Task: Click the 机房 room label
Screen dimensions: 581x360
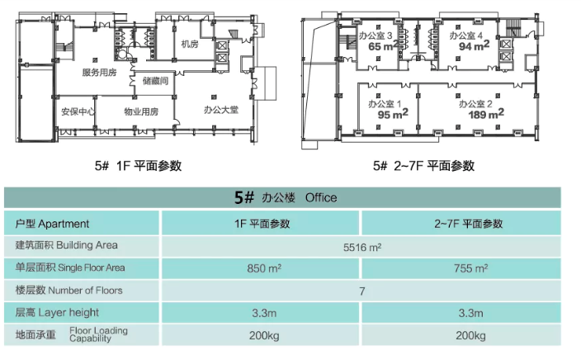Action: coord(190,44)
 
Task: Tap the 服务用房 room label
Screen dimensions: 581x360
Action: coord(99,73)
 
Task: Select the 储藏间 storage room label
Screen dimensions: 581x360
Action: coord(156,81)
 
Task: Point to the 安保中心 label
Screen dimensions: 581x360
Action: coord(78,111)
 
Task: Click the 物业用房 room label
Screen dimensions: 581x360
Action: coord(141,111)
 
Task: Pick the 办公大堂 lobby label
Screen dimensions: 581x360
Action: coord(221,110)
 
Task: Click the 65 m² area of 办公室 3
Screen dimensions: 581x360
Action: coord(384,46)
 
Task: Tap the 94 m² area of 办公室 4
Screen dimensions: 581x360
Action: coord(475,45)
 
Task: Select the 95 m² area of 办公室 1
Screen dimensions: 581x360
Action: coord(393,114)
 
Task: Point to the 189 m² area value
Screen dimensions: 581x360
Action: coord(486,114)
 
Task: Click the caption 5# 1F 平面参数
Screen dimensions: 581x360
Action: coord(138,166)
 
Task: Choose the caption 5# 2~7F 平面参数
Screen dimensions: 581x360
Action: coord(424,166)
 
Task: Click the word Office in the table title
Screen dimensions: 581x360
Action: coord(321,197)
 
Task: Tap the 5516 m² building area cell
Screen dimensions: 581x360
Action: coord(362,247)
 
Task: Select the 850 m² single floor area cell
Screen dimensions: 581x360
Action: coord(264,268)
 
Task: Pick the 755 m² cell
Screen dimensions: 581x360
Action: coord(471,268)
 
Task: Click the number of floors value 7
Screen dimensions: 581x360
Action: coord(362,291)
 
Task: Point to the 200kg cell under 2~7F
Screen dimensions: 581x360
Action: coord(470,336)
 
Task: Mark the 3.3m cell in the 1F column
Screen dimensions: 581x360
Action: coord(264,313)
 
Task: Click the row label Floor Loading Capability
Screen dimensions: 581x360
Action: coord(98,334)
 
